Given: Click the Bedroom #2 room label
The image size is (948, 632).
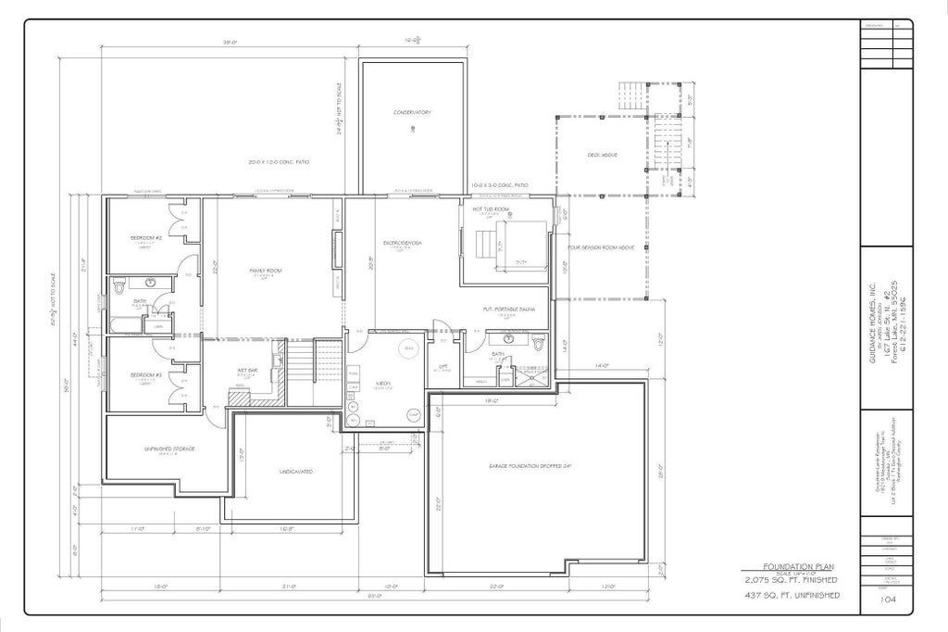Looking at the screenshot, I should click(x=146, y=238).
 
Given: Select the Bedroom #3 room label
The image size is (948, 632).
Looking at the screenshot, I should click(x=146, y=374).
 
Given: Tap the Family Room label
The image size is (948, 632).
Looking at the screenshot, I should click(x=265, y=271).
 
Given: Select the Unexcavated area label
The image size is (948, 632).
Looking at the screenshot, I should click(x=296, y=472).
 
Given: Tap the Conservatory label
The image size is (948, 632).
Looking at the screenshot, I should click(x=412, y=112).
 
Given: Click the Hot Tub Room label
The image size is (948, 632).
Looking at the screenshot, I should click(x=492, y=209).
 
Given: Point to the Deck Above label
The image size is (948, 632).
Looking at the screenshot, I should click(x=603, y=155).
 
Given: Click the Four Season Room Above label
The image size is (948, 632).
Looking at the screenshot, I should click(x=601, y=248).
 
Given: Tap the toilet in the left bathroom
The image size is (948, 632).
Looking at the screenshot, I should click(x=119, y=288).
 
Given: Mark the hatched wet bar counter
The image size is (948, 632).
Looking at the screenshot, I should click(x=240, y=395).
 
